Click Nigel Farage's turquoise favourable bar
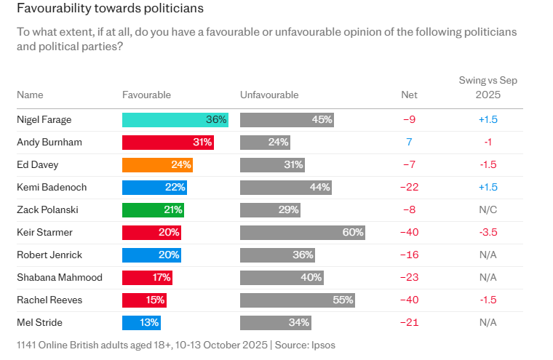tap(175, 120)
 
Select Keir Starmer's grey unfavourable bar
tap(302, 233)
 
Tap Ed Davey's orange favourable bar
tap(157, 165)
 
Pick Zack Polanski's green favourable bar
tap(153, 210)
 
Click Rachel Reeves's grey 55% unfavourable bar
tap(297, 300)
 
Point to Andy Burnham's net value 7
tap(409, 143)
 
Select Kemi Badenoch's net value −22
tap(409, 188)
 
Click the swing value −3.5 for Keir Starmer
tap(488, 233)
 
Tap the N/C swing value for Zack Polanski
tap(488, 210)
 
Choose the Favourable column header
tap(146, 95)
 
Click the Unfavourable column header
tap(269, 95)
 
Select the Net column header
tap(409, 95)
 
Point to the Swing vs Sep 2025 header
tap(488, 87)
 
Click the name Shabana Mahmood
tap(60, 278)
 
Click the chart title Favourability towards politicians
tap(110, 9)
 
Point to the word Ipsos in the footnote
tap(322, 345)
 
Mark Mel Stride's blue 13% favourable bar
tap(141, 322)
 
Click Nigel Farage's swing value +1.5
tap(488, 120)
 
